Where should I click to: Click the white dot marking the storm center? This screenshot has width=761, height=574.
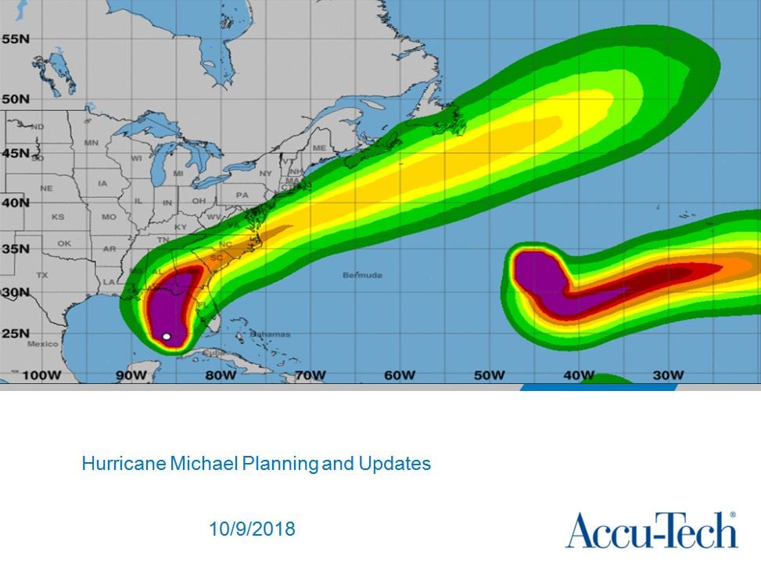tap(167, 336)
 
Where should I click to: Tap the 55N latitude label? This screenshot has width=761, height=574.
tap(15, 39)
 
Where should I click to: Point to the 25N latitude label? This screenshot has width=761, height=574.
tap(15, 334)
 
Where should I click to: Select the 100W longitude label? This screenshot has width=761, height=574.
tap(41, 375)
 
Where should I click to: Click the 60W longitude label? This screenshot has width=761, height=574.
tap(399, 375)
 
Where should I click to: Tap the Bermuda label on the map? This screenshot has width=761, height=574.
tap(362, 275)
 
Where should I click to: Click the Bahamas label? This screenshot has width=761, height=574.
tap(270, 334)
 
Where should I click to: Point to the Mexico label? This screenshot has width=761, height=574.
tap(43, 344)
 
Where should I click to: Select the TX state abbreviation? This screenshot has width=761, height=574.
tap(42, 275)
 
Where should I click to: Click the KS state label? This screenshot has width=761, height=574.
tap(58, 217)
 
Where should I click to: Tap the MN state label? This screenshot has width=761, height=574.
tap(92, 143)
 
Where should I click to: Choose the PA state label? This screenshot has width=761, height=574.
tap(242, 196)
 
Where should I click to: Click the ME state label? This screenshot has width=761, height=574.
tap(318, 148)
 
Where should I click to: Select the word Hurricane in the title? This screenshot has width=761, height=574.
tap(123, 464)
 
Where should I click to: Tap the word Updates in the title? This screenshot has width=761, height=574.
tap(394, 464)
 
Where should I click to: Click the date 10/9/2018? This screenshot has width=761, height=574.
tap(252, 529)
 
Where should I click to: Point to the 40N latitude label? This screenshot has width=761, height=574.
tap(15, 202)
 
